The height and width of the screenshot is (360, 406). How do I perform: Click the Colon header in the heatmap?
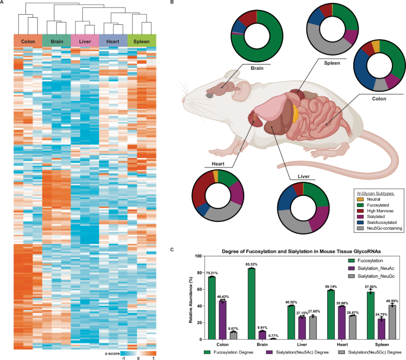[x=27, y=41]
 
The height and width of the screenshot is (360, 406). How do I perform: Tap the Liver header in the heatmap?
[x=85, y=41]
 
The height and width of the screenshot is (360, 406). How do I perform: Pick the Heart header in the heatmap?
[x=113, y=41]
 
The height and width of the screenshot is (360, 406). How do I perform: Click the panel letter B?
[x=171, y=4]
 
